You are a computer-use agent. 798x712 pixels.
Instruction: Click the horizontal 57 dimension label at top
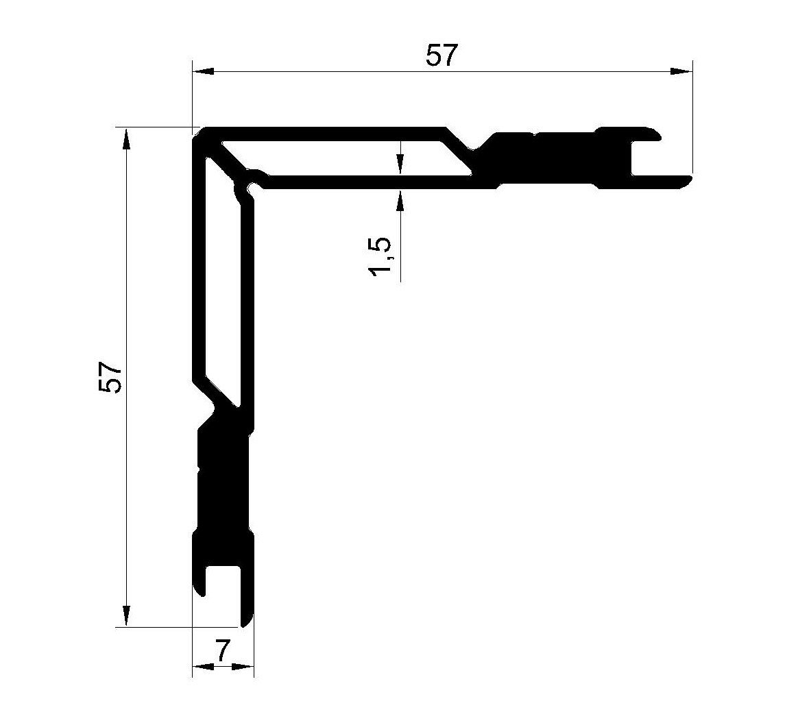(442, 56)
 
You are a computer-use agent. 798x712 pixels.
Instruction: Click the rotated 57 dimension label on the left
(110, 376)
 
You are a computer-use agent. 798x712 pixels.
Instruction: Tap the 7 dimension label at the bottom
(222, 650)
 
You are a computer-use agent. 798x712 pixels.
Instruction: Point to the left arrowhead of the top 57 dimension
(203, 72)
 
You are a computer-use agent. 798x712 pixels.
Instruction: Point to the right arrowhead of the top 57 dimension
(681, 72)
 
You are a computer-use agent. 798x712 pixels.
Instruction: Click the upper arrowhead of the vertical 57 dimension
(126, 138)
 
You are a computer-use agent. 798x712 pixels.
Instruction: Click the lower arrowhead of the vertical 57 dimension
(126, 616)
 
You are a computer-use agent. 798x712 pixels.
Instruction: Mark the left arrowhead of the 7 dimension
(203, 666)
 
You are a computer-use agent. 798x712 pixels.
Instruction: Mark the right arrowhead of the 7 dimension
(243, 666)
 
